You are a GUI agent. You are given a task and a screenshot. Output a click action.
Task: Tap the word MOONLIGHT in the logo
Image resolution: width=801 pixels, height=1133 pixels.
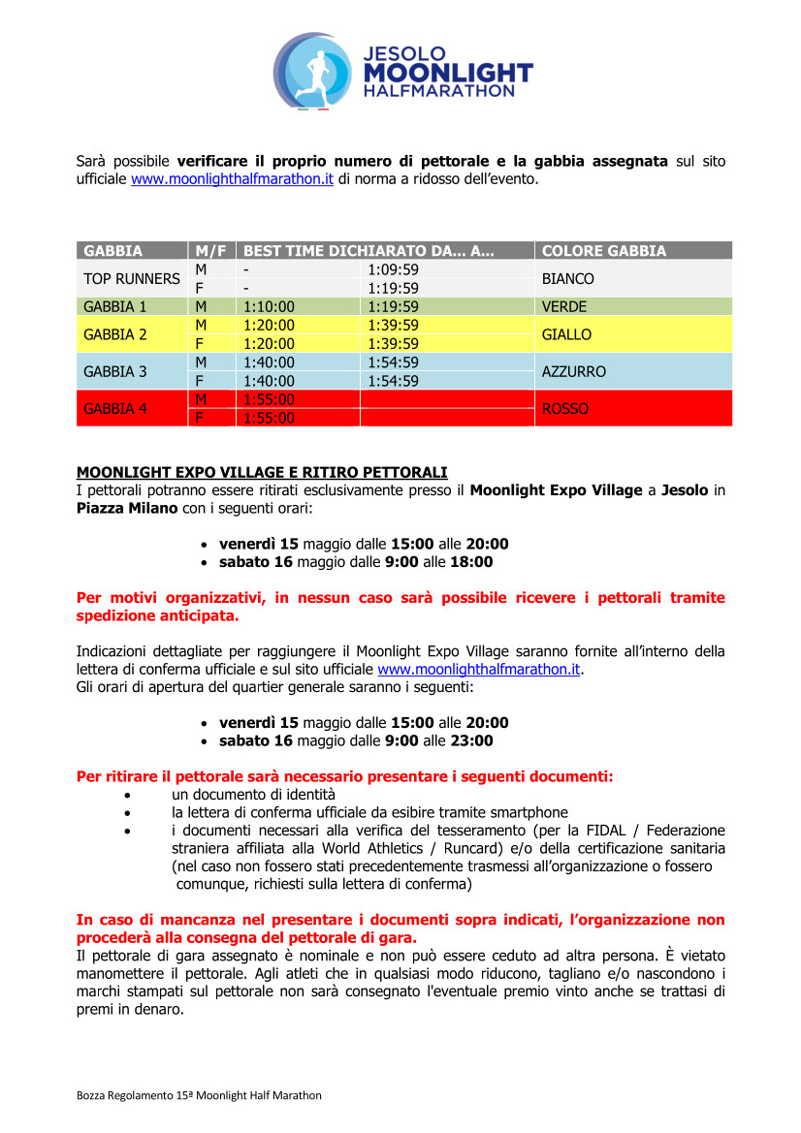[448, 73]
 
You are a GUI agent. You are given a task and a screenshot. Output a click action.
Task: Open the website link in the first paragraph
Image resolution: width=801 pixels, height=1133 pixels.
[232, 179]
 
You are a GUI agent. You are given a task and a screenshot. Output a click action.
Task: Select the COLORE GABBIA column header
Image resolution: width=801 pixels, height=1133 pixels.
[604, 251]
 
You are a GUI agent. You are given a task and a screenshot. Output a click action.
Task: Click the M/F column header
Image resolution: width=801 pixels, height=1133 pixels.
[210, 251]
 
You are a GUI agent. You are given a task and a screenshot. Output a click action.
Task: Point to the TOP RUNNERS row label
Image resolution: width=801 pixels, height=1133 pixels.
[132, 279]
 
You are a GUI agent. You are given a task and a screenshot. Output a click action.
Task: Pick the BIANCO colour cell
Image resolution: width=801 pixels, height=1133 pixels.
[568, 279]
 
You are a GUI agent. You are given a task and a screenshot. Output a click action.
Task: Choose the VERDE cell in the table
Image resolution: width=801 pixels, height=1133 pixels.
[563, 307]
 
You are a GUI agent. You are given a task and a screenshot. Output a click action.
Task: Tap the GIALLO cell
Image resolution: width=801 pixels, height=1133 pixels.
[566, 335]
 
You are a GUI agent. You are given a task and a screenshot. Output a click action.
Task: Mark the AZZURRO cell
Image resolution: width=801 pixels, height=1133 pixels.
[574, 372]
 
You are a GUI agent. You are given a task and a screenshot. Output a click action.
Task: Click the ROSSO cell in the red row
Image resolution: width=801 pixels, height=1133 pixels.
[565, 409]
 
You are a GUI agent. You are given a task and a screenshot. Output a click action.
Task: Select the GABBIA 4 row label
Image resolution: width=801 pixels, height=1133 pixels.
[115, 409]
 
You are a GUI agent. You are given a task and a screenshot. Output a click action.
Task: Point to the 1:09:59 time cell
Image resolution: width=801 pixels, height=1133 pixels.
[394, 269]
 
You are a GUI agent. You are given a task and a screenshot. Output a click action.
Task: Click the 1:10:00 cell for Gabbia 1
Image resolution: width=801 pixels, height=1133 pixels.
[269, 307]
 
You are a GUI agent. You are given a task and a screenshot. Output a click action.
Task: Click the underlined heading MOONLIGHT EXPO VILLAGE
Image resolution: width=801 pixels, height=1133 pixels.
[262, 472]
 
